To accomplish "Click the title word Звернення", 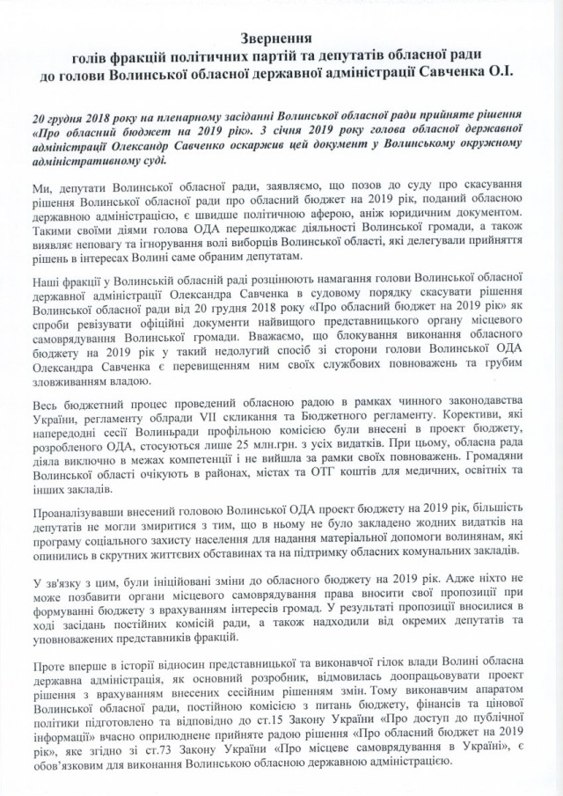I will (x=281, y=40).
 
